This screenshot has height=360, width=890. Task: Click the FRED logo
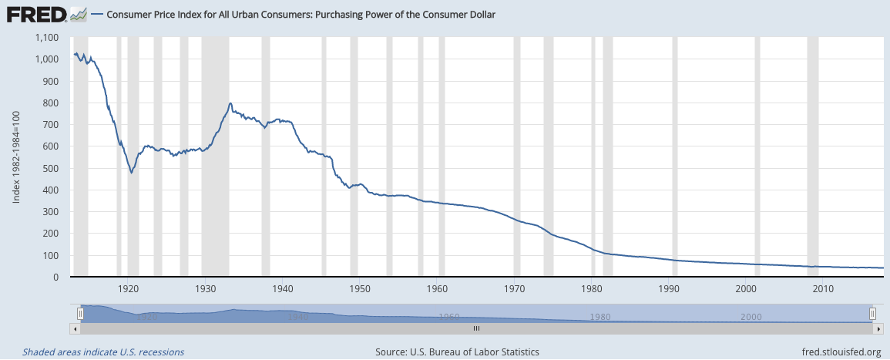[x=35, y=14]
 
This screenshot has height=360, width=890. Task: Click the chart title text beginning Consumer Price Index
[x=301, y=15]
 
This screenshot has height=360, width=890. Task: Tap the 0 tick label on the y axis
[x=56, y=278]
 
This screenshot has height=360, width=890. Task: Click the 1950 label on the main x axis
[x=360, y=289]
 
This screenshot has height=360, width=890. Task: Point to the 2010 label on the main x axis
[x=823, y=289]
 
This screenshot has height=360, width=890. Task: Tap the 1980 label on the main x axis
[x=592, y=289]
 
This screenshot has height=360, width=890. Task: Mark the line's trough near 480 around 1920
[x=132, y=173]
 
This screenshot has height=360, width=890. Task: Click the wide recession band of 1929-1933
[x=215, y=154]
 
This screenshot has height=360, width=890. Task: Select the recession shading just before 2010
[x=812, y=154]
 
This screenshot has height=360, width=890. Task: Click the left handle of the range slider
[x=80, y=313]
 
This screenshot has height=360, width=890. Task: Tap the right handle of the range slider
[x=872, y=313]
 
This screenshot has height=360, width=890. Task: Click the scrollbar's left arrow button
[x=74, y=328]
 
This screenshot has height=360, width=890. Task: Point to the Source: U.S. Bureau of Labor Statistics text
[x=457, y=352]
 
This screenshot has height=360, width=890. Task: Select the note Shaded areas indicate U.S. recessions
[x=103, y=352]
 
